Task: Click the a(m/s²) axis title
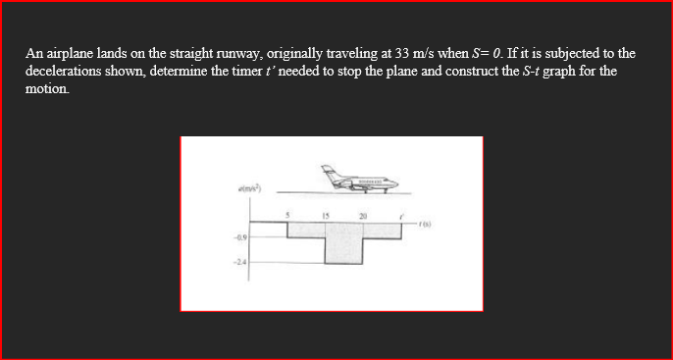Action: (x=247, y=186)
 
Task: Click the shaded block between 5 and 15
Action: (x=306, y=229)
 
